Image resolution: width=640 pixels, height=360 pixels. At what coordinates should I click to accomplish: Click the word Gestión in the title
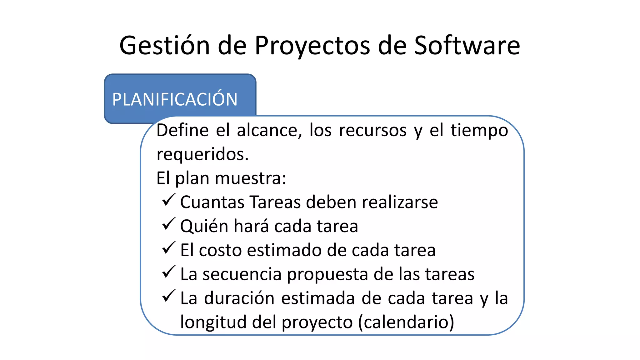tap(164, 46)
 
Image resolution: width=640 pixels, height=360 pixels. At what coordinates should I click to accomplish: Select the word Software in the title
tap(467, 46)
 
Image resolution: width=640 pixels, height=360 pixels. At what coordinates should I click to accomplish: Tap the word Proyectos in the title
tap(312, 46)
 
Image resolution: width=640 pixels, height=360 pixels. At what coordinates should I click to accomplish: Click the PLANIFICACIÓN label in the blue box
tap(175, 99)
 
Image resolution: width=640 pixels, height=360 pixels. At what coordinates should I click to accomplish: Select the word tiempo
tap(479, 130)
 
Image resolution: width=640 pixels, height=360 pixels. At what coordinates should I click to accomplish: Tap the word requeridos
tap(202, 154)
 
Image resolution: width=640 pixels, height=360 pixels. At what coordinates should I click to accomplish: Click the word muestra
tap(250, 178)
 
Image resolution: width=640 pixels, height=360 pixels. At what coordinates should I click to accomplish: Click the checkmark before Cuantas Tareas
tap(169, 200)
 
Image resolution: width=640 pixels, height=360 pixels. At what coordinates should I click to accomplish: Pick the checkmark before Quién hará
tap(169, 224)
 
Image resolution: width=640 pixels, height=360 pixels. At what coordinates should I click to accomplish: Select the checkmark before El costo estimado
tap(169, 248)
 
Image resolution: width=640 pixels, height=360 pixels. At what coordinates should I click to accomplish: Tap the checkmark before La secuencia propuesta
tap(169, 272)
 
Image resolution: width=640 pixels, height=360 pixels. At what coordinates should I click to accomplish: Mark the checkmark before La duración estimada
tap(169, 296)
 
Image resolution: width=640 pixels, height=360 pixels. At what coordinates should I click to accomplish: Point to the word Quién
tap(204, 226)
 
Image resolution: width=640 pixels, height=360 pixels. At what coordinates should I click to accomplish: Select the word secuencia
tap(242, 274)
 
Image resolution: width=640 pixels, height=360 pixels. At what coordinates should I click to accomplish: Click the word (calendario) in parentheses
tap(406, 322)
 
